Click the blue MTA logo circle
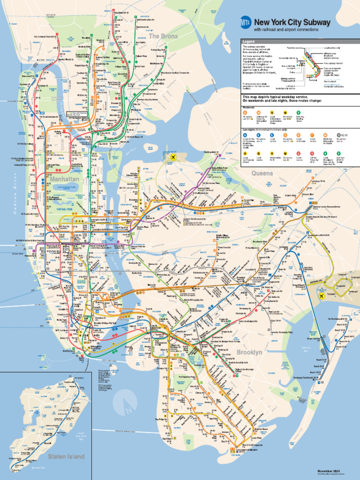tap(245, 22)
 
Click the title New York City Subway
tap(292, 22)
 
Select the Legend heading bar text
tap(248, 41)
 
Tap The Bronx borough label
tap(164, 36)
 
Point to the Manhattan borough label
tap(65, 180)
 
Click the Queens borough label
tap(262, 173)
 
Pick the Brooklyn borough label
tap(249, 352)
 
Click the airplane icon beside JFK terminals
tap(322, 296)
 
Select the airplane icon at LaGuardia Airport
tap(174, 157)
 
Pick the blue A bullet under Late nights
tap(245, 135)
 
